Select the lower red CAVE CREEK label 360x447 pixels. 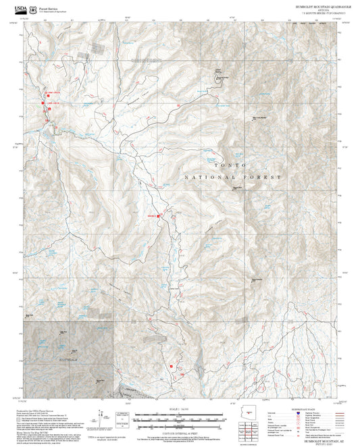52,103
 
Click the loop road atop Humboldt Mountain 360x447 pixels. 220,78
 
